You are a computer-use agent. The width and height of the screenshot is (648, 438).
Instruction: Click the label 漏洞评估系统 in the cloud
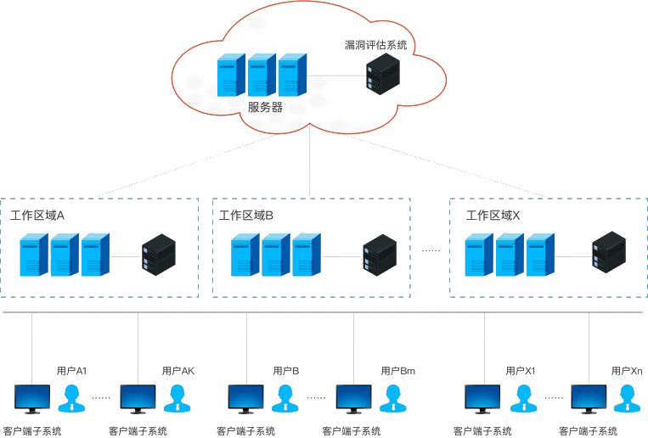(x=375, y=44)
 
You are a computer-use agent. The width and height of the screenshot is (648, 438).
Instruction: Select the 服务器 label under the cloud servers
(x=265, y=108)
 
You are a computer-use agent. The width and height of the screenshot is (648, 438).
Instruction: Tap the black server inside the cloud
(x=382, y=74)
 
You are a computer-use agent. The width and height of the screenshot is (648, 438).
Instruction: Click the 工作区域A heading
(x=37, y=216)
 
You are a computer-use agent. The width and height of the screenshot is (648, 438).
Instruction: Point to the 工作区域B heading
(x=246, y=216)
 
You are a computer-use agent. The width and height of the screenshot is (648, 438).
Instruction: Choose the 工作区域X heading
(x=493, y=216)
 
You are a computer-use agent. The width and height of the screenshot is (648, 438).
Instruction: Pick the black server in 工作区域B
(x=380, y=255)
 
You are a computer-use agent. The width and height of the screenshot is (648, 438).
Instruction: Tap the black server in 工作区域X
(x=609, y=252)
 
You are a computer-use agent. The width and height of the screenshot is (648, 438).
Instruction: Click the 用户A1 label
(x=71, y=371)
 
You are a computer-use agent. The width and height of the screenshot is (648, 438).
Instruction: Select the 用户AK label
(x=178, y=371)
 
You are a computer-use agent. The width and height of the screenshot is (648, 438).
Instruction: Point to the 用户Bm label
(x=397, y=371)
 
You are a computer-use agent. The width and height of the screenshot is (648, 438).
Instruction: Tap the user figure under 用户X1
(x=521, y=397)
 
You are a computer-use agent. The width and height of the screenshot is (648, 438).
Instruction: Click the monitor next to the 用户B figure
(x=246, y=398)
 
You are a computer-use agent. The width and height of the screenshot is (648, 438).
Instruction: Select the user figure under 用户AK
(x=176, y=397)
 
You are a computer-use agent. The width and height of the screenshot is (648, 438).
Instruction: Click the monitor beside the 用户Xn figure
(x=589, y=398)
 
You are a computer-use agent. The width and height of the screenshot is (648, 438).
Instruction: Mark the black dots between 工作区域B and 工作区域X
(x=431, y=250)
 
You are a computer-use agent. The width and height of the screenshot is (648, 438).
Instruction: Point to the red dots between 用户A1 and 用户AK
(x=101, y=397)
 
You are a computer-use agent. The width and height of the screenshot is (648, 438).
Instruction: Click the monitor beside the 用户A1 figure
(x=32, y=398)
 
